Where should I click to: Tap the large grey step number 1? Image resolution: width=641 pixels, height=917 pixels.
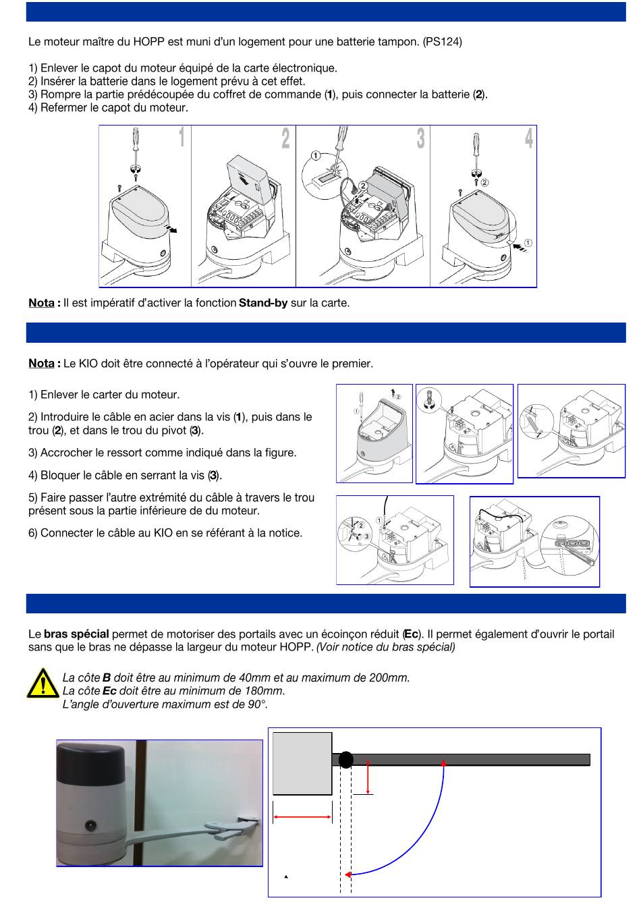[x=182, y=137]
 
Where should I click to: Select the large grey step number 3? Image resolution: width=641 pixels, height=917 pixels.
[x=421, y=138]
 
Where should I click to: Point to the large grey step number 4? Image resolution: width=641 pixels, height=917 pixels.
[x=529, y=138]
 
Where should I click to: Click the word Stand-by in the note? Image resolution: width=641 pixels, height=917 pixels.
[x=263, y=303]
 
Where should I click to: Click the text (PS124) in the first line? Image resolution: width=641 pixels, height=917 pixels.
[x=443, y=42]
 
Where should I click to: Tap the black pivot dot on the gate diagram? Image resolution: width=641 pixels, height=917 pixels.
[x=346, y=760]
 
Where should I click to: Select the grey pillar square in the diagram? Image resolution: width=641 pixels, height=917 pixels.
[x=302, y=763]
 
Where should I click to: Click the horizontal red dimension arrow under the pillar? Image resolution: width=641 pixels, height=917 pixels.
[x=302, y=817]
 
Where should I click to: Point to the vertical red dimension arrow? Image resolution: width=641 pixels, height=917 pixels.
[x=368, y=777]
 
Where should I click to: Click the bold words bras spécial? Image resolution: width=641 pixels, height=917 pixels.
[x=76, y=634]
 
